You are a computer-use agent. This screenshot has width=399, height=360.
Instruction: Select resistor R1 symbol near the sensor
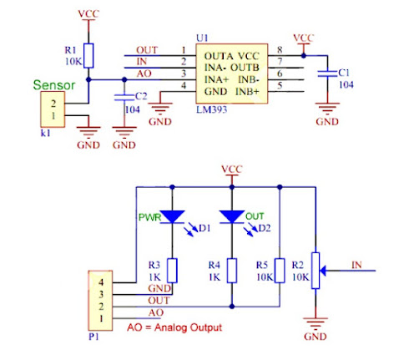pyautogui.click(x=90, y=55)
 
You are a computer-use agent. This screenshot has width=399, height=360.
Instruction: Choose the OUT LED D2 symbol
pyautogui.click(x=231, y=216)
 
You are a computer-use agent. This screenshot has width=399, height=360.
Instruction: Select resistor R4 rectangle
pyautogui.click(x=231, y=269)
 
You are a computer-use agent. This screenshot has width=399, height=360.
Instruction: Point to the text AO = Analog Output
pyautogui.click(x=175, y=327)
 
